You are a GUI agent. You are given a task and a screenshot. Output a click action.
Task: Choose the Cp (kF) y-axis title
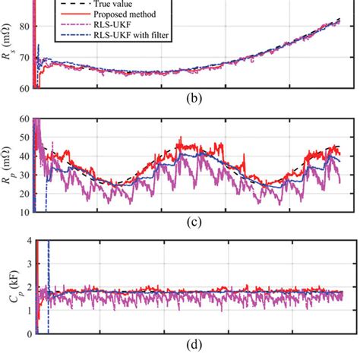click(8, 287)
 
